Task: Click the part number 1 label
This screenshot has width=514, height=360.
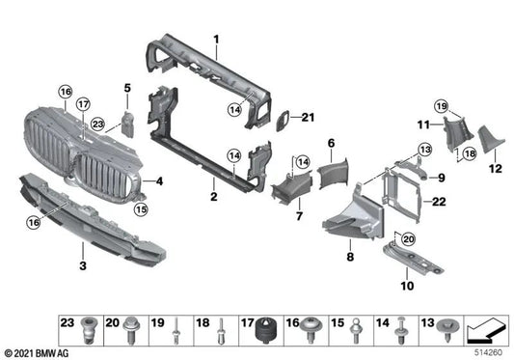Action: [217, 40]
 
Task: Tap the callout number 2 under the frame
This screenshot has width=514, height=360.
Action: [212, 195]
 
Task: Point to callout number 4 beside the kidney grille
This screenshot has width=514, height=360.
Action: [160, 180]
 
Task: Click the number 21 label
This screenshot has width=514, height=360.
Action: [308, 119]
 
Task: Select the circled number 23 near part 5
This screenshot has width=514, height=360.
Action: [97, 124]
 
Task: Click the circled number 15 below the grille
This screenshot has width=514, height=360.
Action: [141, 208]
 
